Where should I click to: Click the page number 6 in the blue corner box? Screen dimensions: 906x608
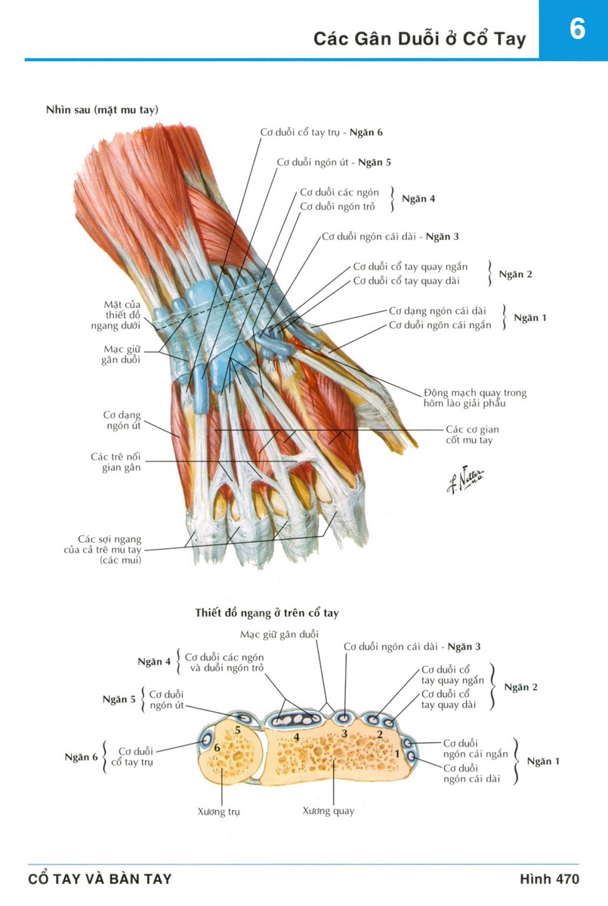tap(577, 29)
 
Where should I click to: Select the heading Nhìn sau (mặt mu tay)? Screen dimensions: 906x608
tap(102, 110)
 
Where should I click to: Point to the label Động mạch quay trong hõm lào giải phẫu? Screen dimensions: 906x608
tap(475, 398)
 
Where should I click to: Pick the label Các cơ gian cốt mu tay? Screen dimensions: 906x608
tap(472, 434)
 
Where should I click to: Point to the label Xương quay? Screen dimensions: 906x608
tap(329, 812)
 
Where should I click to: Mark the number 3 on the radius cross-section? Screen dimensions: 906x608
tap(344, 733)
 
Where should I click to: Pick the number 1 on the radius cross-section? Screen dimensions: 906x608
tap(397, 753)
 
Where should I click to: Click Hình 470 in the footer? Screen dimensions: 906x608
tap(549, 879)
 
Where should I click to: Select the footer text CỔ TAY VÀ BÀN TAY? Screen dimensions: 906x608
tap(100, 879)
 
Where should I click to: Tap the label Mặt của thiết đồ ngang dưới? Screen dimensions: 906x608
tap(122, 315)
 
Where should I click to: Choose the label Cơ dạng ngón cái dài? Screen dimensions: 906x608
tap(437, 310)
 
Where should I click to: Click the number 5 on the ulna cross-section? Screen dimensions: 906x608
tap(237, 730)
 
